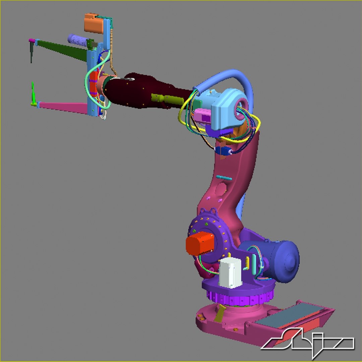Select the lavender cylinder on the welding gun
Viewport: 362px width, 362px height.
pos(77,39)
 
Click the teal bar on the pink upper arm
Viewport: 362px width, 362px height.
pos(224,178)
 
